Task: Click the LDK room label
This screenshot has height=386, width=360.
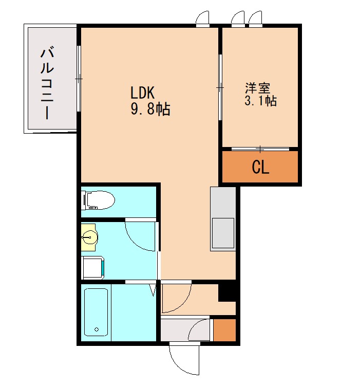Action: point(142,93)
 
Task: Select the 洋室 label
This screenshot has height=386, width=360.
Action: point(258,88)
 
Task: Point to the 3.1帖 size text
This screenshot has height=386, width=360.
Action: point(260,101)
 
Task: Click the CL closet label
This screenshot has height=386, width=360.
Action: point(260,168)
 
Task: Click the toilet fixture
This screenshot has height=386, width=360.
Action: point(99,200)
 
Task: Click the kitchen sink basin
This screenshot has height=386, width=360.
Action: point(223,232)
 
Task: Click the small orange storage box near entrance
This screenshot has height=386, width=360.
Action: point(224,330)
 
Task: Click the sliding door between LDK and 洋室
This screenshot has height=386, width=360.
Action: point(220,88)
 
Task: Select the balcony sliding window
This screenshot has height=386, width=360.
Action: point(79,79)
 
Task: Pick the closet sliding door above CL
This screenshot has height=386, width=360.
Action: point(260,149)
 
